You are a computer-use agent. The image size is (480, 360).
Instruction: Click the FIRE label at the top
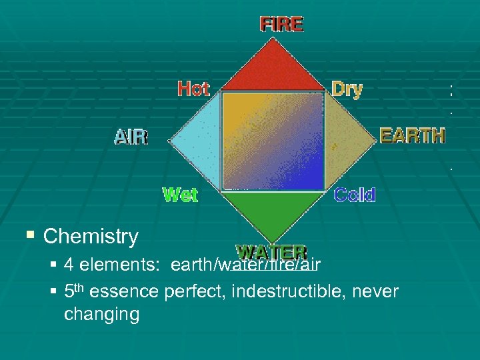281,25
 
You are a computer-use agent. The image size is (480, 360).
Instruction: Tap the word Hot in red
193,89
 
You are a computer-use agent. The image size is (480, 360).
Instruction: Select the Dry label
347,89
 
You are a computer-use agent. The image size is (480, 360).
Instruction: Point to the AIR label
131,137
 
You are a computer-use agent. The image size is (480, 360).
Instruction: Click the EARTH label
412,135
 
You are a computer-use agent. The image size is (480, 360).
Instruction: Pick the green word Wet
181,195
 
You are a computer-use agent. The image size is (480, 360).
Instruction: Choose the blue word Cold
355,195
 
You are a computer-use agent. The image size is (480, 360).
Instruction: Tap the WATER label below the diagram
272,253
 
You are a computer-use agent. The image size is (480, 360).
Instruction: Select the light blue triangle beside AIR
197,141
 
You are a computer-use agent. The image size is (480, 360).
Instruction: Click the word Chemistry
91,236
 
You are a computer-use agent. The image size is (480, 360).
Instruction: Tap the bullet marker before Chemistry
29,235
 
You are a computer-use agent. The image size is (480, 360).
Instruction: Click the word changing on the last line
101,314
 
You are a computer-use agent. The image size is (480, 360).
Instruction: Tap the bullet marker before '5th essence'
53,291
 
